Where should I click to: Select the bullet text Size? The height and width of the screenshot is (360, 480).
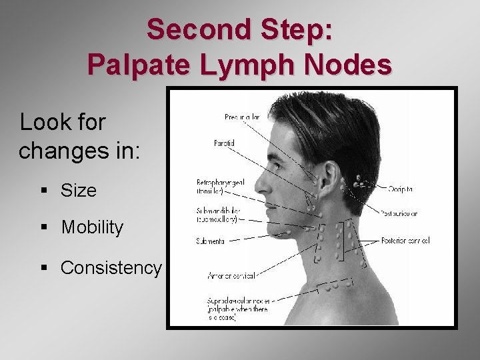tap(78, 191)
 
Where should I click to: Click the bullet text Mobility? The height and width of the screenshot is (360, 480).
tap(92, 228)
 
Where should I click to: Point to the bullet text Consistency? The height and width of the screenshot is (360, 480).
tap(111, 268)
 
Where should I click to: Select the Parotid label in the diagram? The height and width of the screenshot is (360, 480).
tap(224, 143)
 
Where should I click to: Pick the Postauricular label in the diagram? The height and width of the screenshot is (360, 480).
tap(399, 214)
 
